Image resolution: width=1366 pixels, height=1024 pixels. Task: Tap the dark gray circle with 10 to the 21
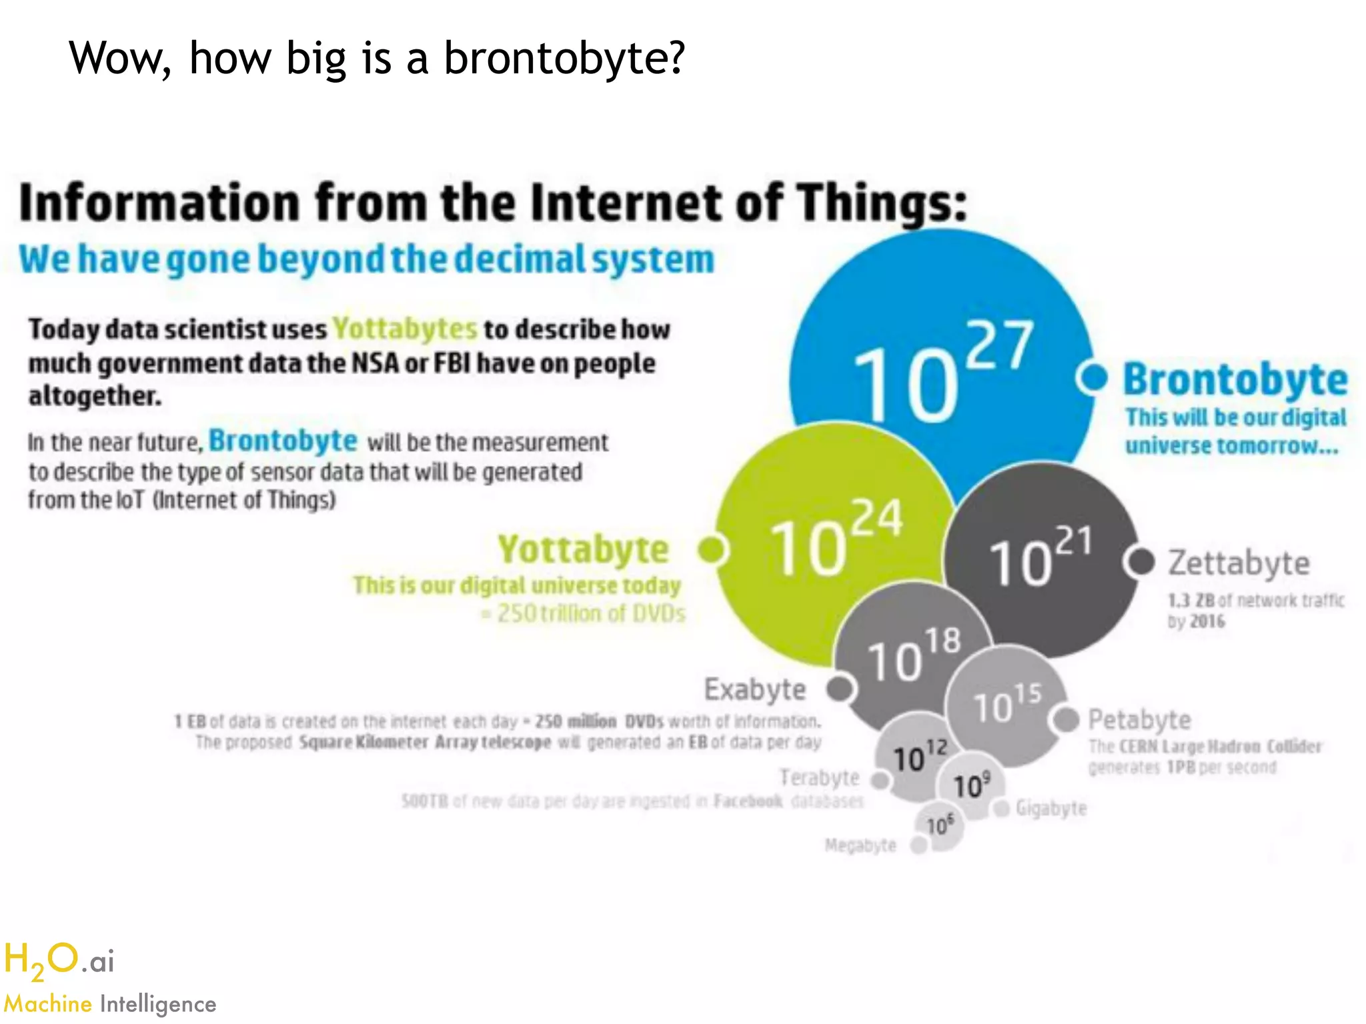(1041, 560)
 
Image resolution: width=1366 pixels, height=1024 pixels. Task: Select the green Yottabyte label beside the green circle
(583, 550)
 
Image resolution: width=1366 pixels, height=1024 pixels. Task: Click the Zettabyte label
(1239, 563)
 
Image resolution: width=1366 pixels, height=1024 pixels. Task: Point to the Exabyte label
(755, 689)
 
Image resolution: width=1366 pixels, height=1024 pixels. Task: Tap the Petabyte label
(1139, 720)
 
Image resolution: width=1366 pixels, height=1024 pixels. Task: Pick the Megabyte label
(860, 845)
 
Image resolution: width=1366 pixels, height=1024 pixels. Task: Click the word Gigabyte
(1051, 809)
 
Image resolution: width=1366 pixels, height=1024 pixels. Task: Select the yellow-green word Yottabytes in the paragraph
(405, 329)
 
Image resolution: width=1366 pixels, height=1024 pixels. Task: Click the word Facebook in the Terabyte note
(748, 801)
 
